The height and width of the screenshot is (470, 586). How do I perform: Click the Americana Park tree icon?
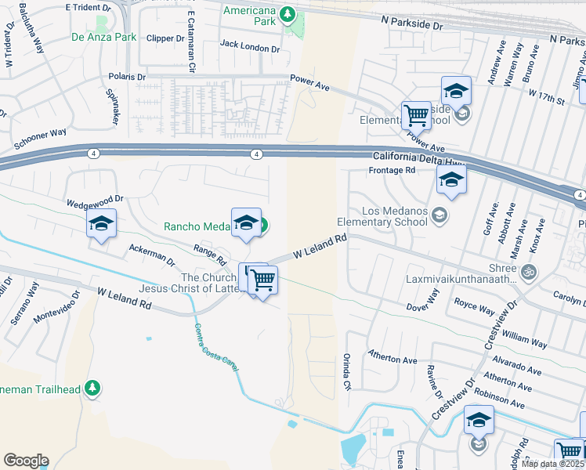tap(288, 14)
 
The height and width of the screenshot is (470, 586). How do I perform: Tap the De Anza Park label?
tap(103, 37)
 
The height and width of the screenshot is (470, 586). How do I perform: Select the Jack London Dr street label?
tap(250, 47)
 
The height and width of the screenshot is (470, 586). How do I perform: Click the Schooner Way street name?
tap(40, 139)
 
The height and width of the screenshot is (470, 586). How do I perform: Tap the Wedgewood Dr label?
tap(96, 203)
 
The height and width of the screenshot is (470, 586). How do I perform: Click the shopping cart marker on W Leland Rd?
tap(263, 279)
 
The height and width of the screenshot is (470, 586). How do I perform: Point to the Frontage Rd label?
tap(391, 170)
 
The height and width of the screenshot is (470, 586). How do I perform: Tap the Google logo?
tap(26, 461)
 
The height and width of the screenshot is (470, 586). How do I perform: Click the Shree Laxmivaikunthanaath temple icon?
tap(529, 272)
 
